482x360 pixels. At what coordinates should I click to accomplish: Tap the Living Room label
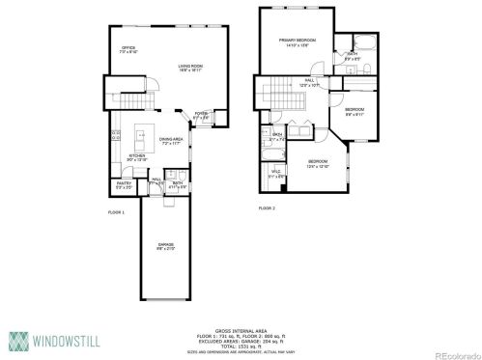[x=189, y=68]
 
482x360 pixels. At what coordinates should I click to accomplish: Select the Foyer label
[x=201, y=116]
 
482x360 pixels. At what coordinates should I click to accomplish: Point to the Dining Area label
[x=171, y=141]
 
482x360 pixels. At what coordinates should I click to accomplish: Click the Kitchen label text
[x=136, y=156]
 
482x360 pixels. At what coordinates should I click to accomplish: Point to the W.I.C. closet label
[x=276, y=175]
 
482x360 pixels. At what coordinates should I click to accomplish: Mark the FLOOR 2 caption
[x=268, y=208]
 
